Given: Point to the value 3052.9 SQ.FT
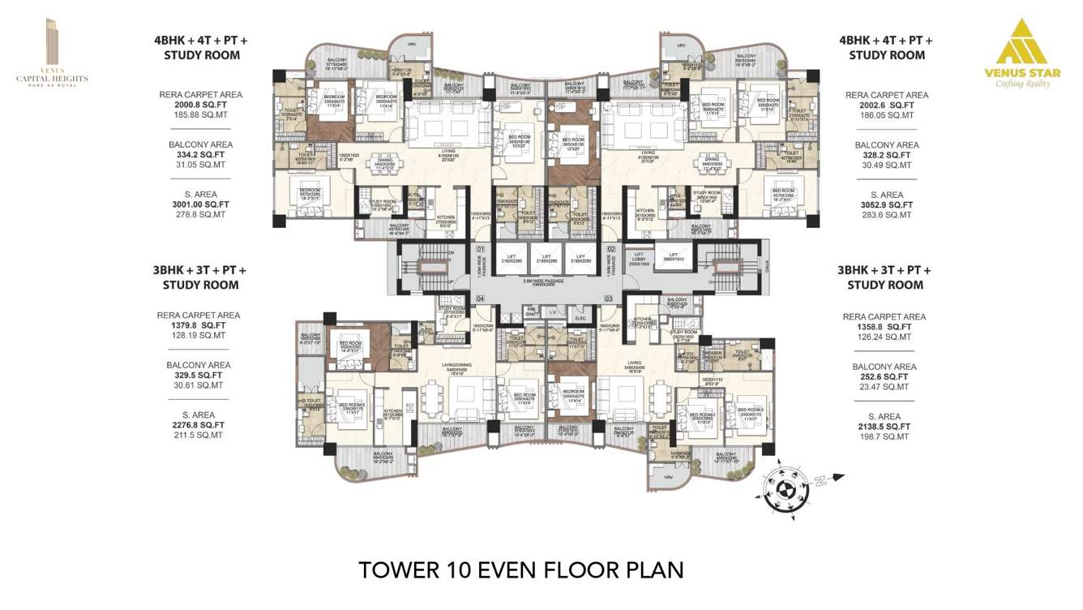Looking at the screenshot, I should (886, 205).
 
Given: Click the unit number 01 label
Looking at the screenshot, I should (480, 249).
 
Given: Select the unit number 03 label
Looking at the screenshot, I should (609, 299).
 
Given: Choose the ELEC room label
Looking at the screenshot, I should (580, 318).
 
